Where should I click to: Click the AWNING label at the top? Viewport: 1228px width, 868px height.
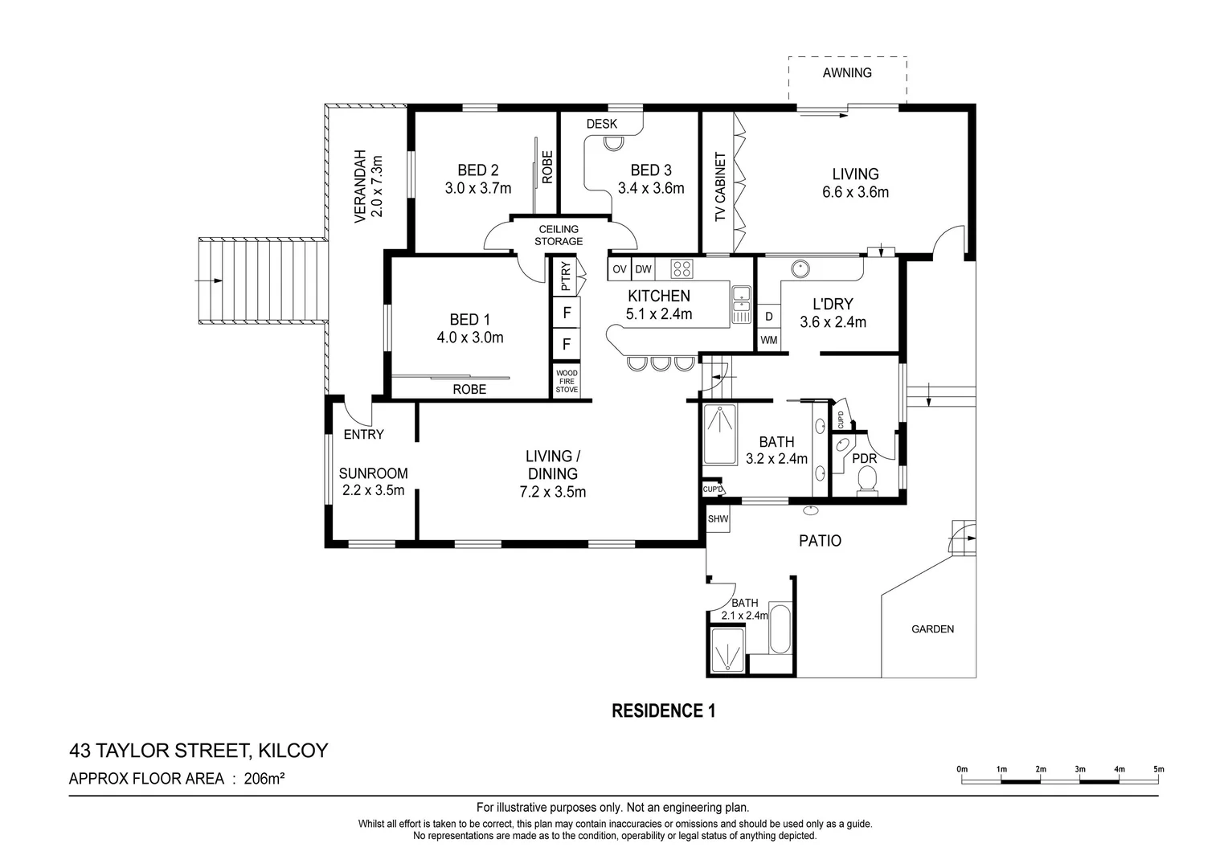(x=846, y=72)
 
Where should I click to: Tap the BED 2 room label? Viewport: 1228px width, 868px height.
(x=477, y=170)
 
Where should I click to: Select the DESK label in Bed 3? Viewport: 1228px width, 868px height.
(x=602, y=124)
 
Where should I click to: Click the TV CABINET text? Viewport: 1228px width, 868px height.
(x=720, y=187)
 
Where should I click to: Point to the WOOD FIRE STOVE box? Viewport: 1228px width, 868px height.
(x=567, y=381)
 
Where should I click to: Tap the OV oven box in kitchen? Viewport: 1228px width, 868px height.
(x=619, y=269)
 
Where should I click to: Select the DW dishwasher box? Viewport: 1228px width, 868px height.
(x=644, y=269)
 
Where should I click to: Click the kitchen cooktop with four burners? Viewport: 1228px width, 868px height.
(x=682, y=268)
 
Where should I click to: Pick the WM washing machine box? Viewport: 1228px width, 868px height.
(x=769, y=340)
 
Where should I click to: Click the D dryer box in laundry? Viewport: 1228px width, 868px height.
(x=769, y=317)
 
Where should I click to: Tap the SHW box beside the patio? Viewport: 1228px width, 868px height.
(x=718, y=519)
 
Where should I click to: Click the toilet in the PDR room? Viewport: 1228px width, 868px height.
(x=867, y=480)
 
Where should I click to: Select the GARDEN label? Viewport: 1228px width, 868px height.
(x=932, y=629)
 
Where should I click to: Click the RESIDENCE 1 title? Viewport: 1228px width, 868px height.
(x=663, y=710)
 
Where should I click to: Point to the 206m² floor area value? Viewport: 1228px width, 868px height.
(x=265, y=778)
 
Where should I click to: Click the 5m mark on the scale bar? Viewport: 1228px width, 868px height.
(x=1158, y=770)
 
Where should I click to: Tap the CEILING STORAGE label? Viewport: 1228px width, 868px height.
(x=559, y=235)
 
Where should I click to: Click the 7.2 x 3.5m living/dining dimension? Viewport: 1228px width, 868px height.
(x=553, y=492)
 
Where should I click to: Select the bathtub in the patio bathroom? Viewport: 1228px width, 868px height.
(x=780, y=628)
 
